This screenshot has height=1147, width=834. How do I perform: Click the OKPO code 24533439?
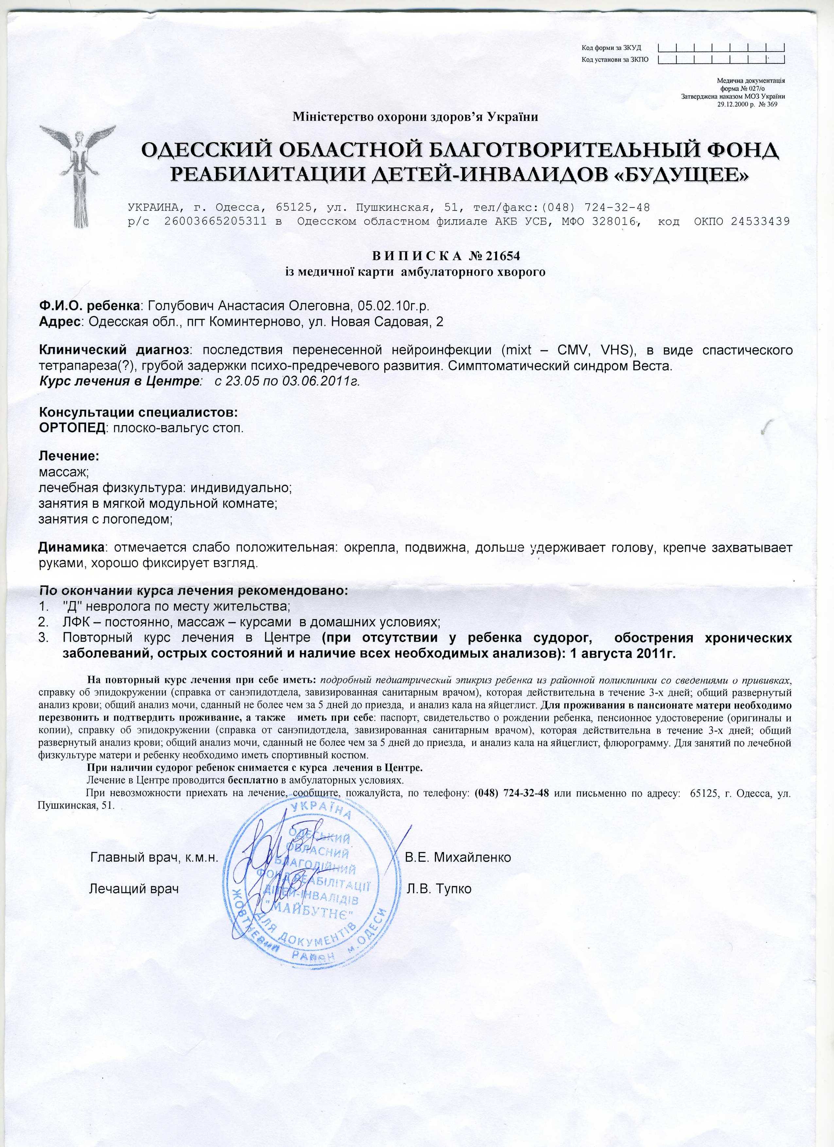760,221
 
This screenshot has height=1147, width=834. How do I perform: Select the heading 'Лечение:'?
69,456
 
